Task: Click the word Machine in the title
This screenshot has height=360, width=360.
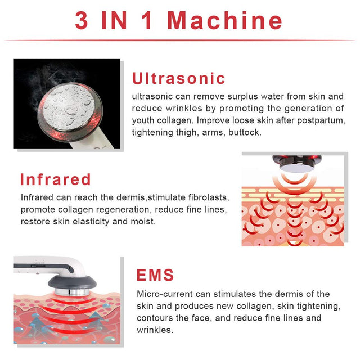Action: pos(225,20)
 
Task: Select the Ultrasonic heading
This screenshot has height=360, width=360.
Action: pos(178,78)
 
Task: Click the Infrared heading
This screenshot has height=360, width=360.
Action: pos(55,179)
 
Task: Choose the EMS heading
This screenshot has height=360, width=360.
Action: pos(155,275)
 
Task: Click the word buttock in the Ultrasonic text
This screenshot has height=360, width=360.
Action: pos(255,132)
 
